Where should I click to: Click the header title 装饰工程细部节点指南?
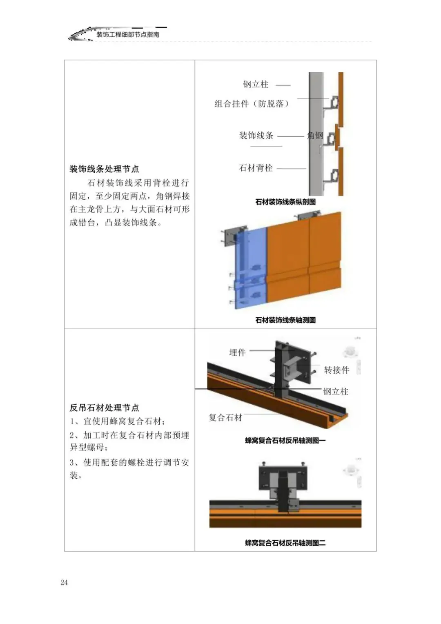pos(128,35)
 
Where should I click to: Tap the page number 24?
pos(64,582)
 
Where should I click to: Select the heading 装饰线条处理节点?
pos(104,169)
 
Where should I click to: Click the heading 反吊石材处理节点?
pos(104,408)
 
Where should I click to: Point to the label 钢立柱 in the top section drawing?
pos(256,85)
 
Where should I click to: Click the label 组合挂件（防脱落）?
pos(252,104)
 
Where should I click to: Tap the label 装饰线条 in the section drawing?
pos(256,136)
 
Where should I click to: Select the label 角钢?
pos(315,136)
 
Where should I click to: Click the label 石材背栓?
pos(256,168)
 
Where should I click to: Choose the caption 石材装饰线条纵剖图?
pos(285,202)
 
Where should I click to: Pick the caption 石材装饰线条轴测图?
pos(285,320)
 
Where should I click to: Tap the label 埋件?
pos(237,352)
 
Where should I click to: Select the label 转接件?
pos(336,370)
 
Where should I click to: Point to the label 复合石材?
pos(225,417)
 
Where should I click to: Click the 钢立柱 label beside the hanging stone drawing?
pos(336,392)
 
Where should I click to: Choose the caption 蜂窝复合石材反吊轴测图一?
pos(285,441)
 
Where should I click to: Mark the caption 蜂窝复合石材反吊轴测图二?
pos(285,543)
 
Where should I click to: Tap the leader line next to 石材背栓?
pos(291,169)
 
